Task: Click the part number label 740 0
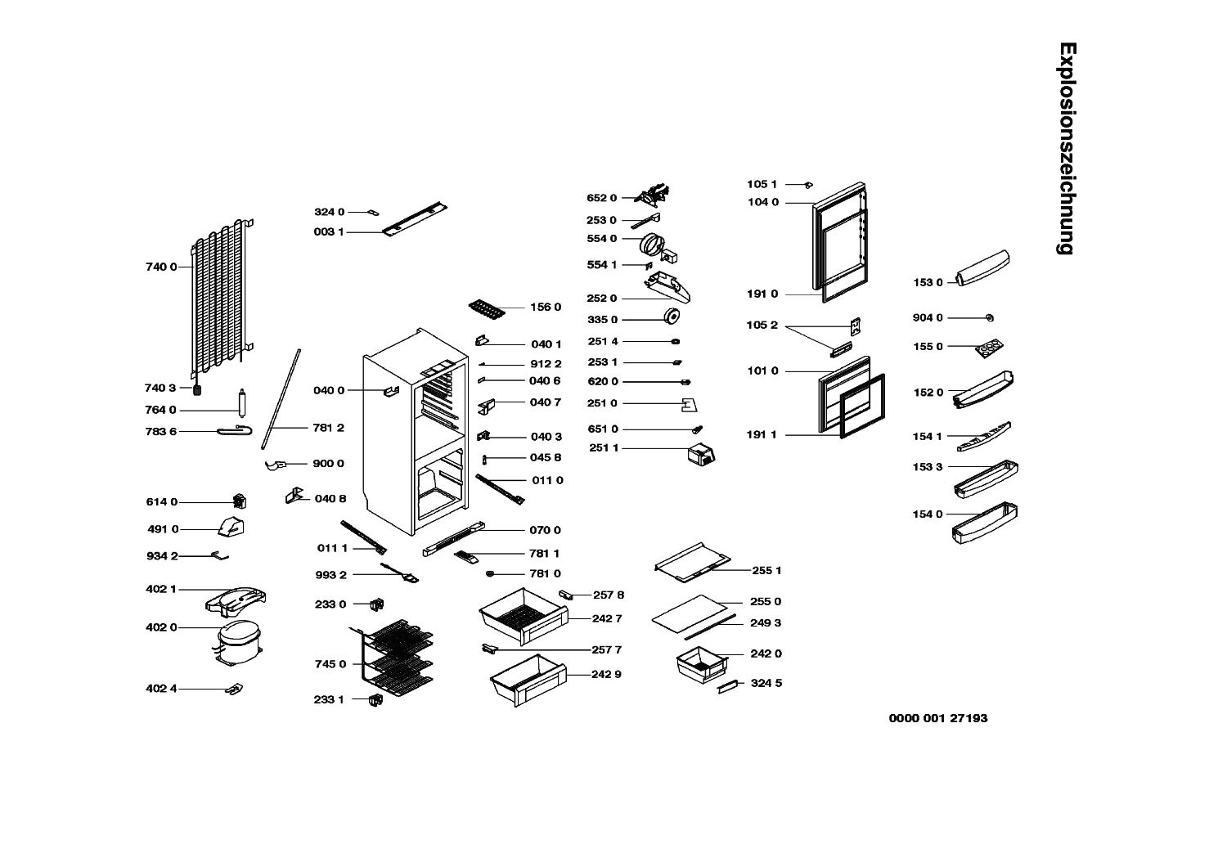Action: [161, 267]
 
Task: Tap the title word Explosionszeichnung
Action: [1065, 148]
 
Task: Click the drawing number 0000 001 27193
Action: [938, 718]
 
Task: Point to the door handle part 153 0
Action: [984, 268]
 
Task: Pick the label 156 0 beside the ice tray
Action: [546, 307]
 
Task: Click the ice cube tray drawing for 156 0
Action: [489, 309]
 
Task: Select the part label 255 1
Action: [766, 570]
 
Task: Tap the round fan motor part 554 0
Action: [653, 244]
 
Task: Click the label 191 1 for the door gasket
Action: [762, 434]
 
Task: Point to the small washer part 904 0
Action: [990, 317]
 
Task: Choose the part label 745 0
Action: [330, 664]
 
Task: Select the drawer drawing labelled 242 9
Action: [527, 679]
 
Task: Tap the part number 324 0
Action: [330, 212]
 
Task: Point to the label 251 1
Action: [604, 448]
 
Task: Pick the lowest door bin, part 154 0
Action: [985, 524]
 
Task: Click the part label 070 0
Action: [546, 530]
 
